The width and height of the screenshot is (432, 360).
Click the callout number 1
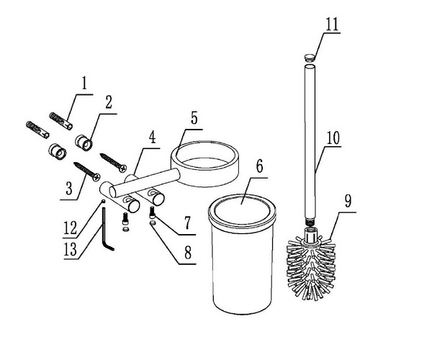click(x=84, y=84)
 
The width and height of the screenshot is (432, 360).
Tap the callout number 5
click(x=194, y=118)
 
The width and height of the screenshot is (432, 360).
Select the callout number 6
click(x=259, y=166)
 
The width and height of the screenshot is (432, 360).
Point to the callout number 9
click(x=348, y=201)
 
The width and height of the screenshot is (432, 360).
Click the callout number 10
click(x=333, y=138)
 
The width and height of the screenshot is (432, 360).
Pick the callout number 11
click(x=332, y=24)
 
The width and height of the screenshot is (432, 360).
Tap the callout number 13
click(x=71, y=249)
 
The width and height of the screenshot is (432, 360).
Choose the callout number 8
click(x=188, y=252)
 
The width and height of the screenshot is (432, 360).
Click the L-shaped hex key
click(x=105, y=229)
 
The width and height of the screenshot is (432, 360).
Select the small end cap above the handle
click(x=310, y=58)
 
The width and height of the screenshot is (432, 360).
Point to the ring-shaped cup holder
click(x=204, y=163)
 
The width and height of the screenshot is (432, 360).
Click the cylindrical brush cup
click(x=242, y=254)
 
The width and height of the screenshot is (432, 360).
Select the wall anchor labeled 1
click(x=61, y=121)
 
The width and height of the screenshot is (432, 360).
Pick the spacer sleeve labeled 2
click(x=84, y=143)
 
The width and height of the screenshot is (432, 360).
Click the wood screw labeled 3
click(x=87, y=172)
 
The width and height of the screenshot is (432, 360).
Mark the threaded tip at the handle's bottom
click(x=310, y=222)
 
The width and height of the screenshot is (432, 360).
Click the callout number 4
click(x=153, y=138)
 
